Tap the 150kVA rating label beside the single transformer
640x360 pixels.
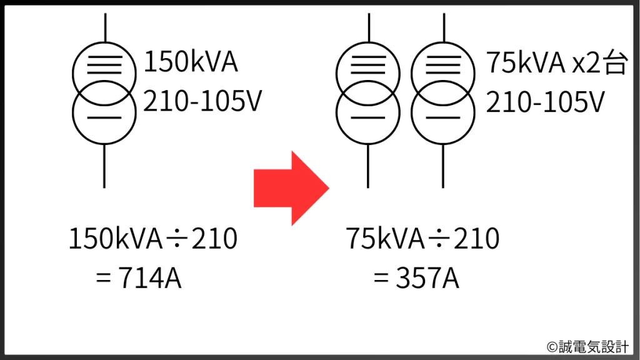[x=191, y=63]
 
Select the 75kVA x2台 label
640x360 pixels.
[x=556, y=63]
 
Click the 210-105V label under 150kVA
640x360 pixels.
[x=201, y=101]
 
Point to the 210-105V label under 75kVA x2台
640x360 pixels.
[x=544, y=101]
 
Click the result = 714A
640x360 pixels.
[x=138, y=278]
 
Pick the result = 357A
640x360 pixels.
[x=416, y=278]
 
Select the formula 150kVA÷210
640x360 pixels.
[x=153, y=239]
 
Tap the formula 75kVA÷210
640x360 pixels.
[x=423, y=239]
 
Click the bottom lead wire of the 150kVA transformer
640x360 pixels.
[x=104, y=166]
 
